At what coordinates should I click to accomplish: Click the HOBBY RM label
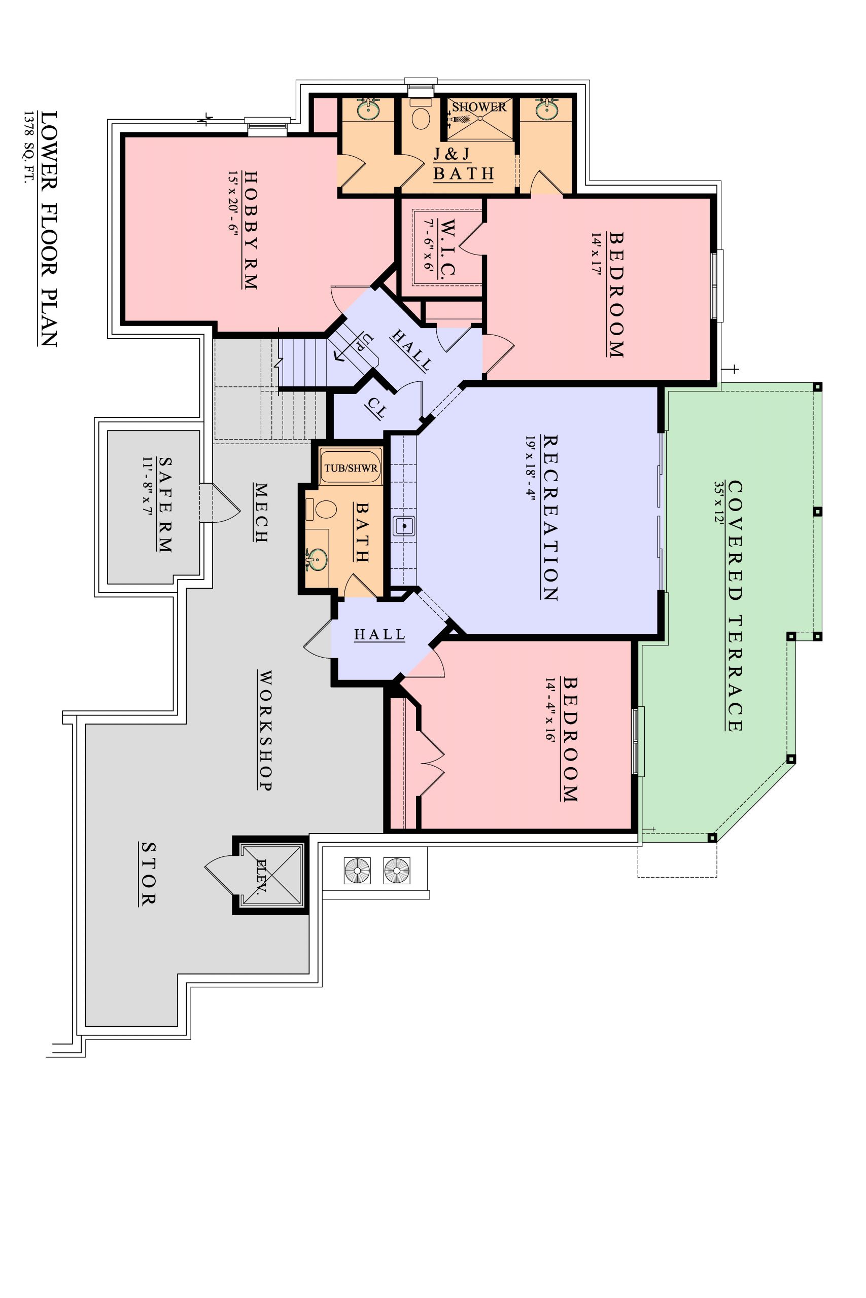click(251, 230)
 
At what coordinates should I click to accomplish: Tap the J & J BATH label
click(463, 164)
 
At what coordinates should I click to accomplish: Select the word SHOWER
click(479, 107)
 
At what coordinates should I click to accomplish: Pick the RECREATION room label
click(550, 518)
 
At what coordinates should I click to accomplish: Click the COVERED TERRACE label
click(735, 606)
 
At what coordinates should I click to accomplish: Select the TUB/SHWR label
click(351, 468)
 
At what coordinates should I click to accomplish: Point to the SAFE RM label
click(164, 504)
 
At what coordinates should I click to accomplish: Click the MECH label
click(261, 513)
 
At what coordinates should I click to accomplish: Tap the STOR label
click(147, 874)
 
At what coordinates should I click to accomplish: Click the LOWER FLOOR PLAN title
click(49, 229)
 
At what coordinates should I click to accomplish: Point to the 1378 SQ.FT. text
click(28, 148)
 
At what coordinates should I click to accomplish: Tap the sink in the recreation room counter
click(404, 526)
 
